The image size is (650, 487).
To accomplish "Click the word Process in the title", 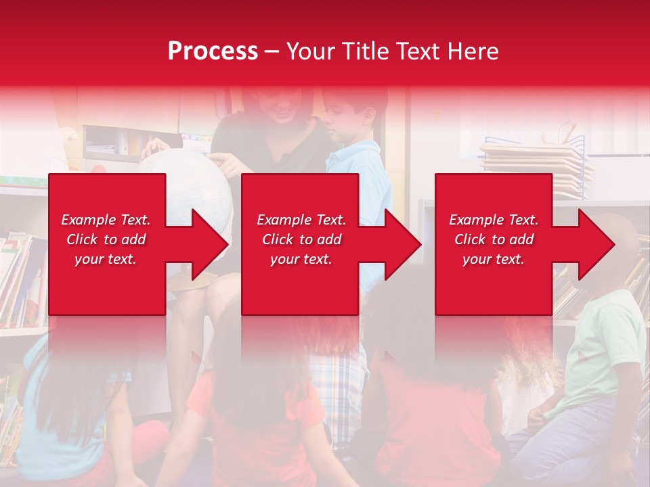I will pyautogui.click(x=213, y=51).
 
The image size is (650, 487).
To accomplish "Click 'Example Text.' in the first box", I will pyautogui.click(x=106, y=220).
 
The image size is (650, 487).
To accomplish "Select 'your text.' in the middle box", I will pyautogui.click(x=301, y=259).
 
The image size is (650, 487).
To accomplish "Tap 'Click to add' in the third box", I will pyautogui.click(x=494, y=239).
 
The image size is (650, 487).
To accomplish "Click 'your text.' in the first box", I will pyautogui.click(x=106, y=259).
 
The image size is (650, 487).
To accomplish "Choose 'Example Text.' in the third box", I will pyautogui.click(x=494, y=220).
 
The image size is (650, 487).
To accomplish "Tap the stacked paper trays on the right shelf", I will pyautogui.click(x=535, y=162).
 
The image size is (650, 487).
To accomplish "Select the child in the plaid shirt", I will pyautogui.click(x=339, y=379).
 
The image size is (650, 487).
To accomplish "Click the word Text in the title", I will pyautogui.click(x=415, y=51).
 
